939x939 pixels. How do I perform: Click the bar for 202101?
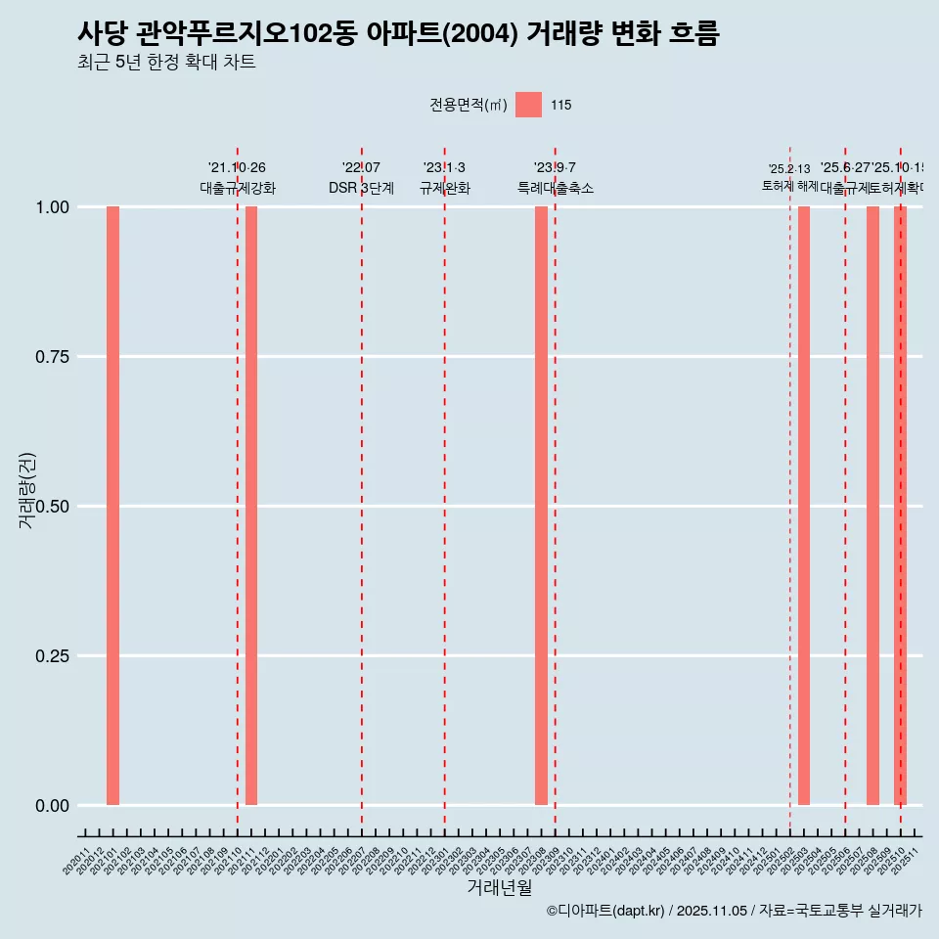point(112,506)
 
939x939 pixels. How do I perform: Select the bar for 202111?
point(251,506)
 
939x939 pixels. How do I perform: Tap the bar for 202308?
point(541,506)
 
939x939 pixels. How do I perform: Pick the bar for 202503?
point(804,506)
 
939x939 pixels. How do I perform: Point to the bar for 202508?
point(872,506)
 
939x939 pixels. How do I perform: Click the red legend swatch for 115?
point(528,105)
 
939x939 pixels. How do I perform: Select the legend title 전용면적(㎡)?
point(468,106)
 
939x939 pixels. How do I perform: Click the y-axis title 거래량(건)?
point(27,491)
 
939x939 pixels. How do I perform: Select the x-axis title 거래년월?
point(499,888)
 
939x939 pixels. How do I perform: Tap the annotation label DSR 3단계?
point(361,188)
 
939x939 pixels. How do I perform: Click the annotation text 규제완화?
point(445,188)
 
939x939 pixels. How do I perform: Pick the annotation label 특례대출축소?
point(555,188)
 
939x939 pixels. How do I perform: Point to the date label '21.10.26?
point(237,168)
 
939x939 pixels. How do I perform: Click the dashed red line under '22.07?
point(362,489)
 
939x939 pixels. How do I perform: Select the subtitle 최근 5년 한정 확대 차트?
point(166,63)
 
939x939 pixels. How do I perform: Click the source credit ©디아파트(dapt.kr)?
point(606,911)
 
